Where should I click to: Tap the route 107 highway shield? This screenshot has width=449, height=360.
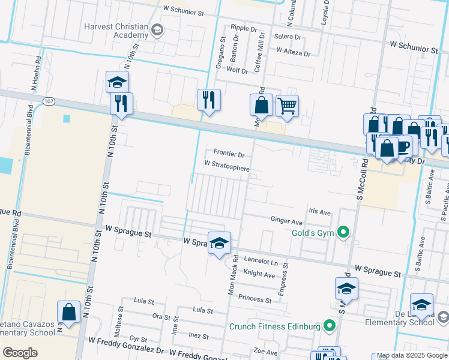(49, 103)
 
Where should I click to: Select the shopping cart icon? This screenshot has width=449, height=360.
(287, 106)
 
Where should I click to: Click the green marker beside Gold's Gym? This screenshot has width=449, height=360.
(343, 232)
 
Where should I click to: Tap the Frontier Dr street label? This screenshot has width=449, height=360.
(229, 154)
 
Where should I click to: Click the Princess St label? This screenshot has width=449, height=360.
(255, 298)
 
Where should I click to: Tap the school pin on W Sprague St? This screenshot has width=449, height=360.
(220, 242)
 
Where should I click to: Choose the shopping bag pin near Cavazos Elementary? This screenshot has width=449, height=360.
(69, 312)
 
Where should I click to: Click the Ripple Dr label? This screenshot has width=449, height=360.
(244, 28)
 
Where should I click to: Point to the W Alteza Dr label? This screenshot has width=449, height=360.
(293, 53)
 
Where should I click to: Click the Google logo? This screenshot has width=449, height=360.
(20, 353)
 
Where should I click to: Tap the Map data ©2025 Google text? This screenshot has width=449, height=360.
(412, 356)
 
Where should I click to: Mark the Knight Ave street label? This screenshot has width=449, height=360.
(259, 274)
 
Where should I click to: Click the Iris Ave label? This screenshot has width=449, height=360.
(319, 212)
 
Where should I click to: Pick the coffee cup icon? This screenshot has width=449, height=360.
(402, 145)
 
